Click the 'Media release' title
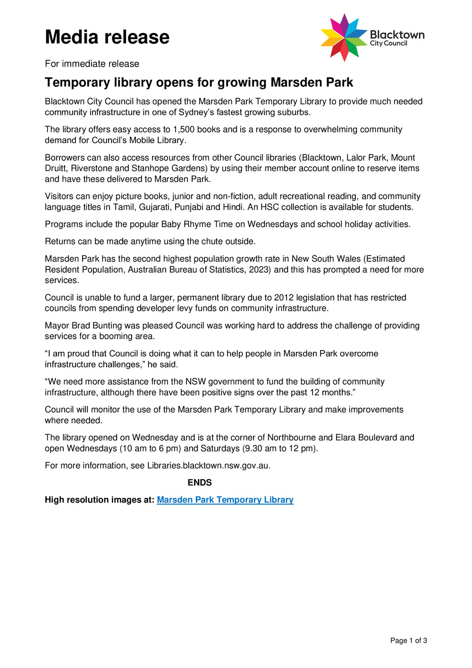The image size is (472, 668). (x=107, y=37)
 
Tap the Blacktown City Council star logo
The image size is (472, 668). (x=344, y=37)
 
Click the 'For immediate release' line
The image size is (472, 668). (x=92, y=64)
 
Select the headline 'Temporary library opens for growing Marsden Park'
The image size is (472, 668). (x=199, y=82)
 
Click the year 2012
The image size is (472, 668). (x=279, y=298)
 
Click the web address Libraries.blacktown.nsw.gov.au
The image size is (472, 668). (x=209, y=465)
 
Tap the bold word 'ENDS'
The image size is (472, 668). (x=200, y=482)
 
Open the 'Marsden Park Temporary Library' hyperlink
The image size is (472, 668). (x=225, y=500)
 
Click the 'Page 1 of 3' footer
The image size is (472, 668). (x=408, y=641)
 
